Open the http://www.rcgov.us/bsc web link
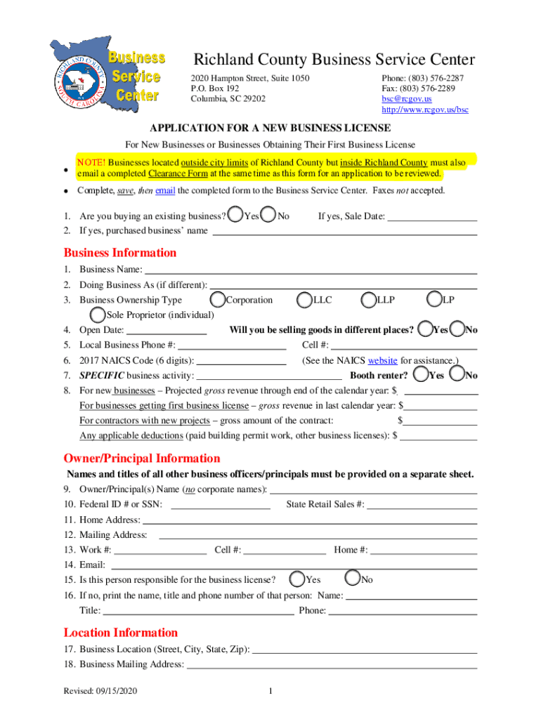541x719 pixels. (424, 110)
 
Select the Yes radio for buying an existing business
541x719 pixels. (237, 215)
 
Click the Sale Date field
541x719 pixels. (432, 216)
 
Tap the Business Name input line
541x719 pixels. (310, 270)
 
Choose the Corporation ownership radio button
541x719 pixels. (217, 300)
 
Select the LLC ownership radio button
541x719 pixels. (304, 300)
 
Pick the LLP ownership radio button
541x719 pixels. (368, 300)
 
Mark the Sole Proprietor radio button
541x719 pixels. (97, 315)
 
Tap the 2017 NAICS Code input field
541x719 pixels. (242, 361)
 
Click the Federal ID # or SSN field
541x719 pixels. (221, 504)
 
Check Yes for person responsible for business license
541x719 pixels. (297, 579)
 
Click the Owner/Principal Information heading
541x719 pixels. (142, 459)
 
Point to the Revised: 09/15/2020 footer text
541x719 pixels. (100, 692)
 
